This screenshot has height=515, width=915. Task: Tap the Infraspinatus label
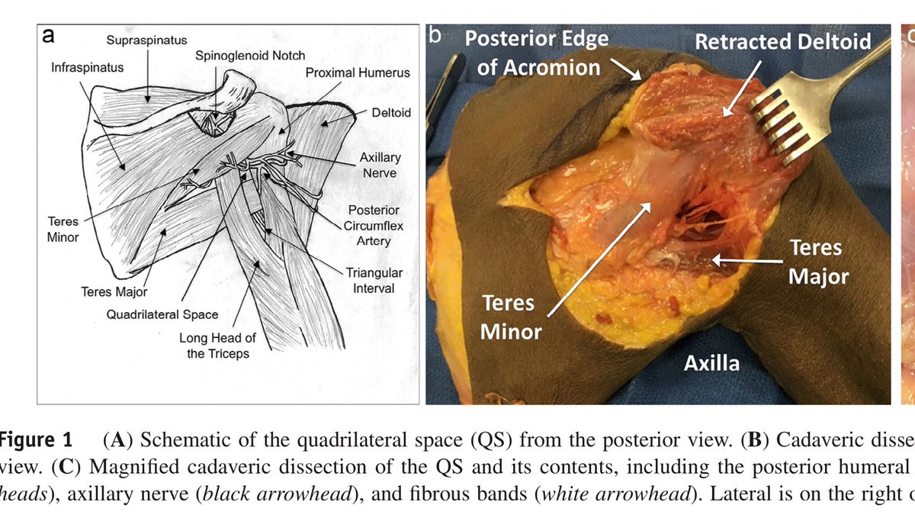pyautogui.click(x=87, y=68)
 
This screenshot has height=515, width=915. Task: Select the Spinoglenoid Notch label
pyautogui.click(x=249, y=56)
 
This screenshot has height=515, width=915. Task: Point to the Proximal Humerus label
pyautogui.click(x=357, y=73)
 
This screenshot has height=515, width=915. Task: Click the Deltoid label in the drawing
pyautogui.click(x=390, y=112)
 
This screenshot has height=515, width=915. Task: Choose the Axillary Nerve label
pyautogui.click(x=380, y=165)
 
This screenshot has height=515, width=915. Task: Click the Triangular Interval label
pyautogui.click(x=374, y=280)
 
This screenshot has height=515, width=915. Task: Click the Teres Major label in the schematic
pyautogui.click(x=114, y=291)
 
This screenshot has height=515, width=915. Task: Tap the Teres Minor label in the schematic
pyautogui.click(x=63, y=229)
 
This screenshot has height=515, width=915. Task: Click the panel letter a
pyautogui.click(x=48, y=34)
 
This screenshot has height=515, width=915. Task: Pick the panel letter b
pyautogui.click(x=435, y=34)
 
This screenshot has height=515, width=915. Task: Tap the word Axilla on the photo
pyautogui.click(x=711, y=362)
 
